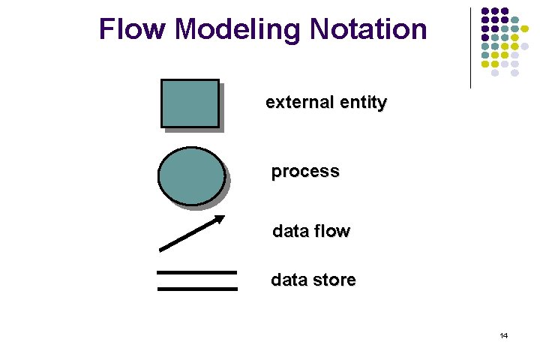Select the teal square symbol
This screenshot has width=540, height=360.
[190, 103]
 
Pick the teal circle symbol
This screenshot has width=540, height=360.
[191, 176]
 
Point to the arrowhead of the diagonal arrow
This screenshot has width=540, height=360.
[220, 218]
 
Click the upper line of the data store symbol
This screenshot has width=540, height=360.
[196, 272]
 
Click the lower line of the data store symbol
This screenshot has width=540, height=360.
[196, 288]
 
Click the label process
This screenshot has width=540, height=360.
[305, 172]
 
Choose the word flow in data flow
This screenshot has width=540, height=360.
[331, 231]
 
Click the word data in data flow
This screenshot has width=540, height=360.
[289, 231]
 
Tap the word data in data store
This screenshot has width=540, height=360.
[289, 280]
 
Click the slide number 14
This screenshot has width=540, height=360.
[504, 336]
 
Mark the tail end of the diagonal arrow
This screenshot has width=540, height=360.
[161, 249]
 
